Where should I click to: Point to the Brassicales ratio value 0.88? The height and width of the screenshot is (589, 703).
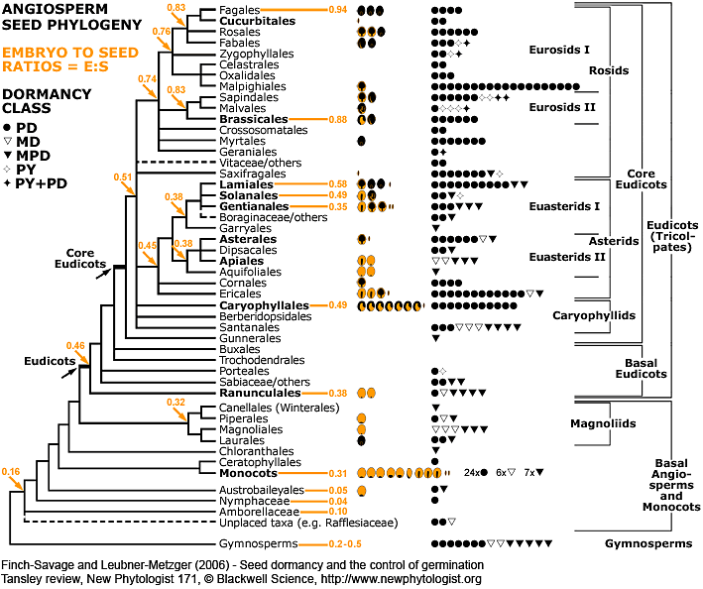click(x=336, y=119)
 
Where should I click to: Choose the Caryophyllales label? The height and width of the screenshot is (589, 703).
click(x=261, y=304)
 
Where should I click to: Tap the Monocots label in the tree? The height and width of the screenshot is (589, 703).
click(x=246, y=474)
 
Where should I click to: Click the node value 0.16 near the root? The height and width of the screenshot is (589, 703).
click(x=12, y=470)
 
